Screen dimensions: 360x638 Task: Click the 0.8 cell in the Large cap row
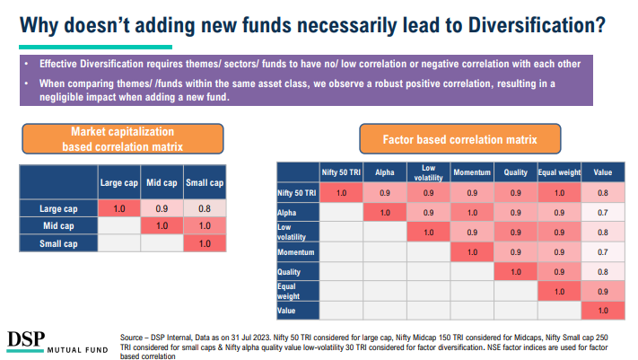coord(205,208)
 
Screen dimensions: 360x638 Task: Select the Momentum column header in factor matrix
coord(472,171)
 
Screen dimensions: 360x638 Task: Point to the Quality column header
coord(515,171)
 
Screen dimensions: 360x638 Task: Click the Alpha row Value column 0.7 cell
coord(602,212)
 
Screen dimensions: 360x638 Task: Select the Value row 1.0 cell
coord(602,311)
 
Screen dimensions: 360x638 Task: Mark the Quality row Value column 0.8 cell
coord(602,271)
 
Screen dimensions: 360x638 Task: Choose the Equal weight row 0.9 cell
coord(602,291)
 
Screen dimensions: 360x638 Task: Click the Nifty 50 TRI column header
coord(341,171)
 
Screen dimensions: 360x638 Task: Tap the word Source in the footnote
coord(134,337)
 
